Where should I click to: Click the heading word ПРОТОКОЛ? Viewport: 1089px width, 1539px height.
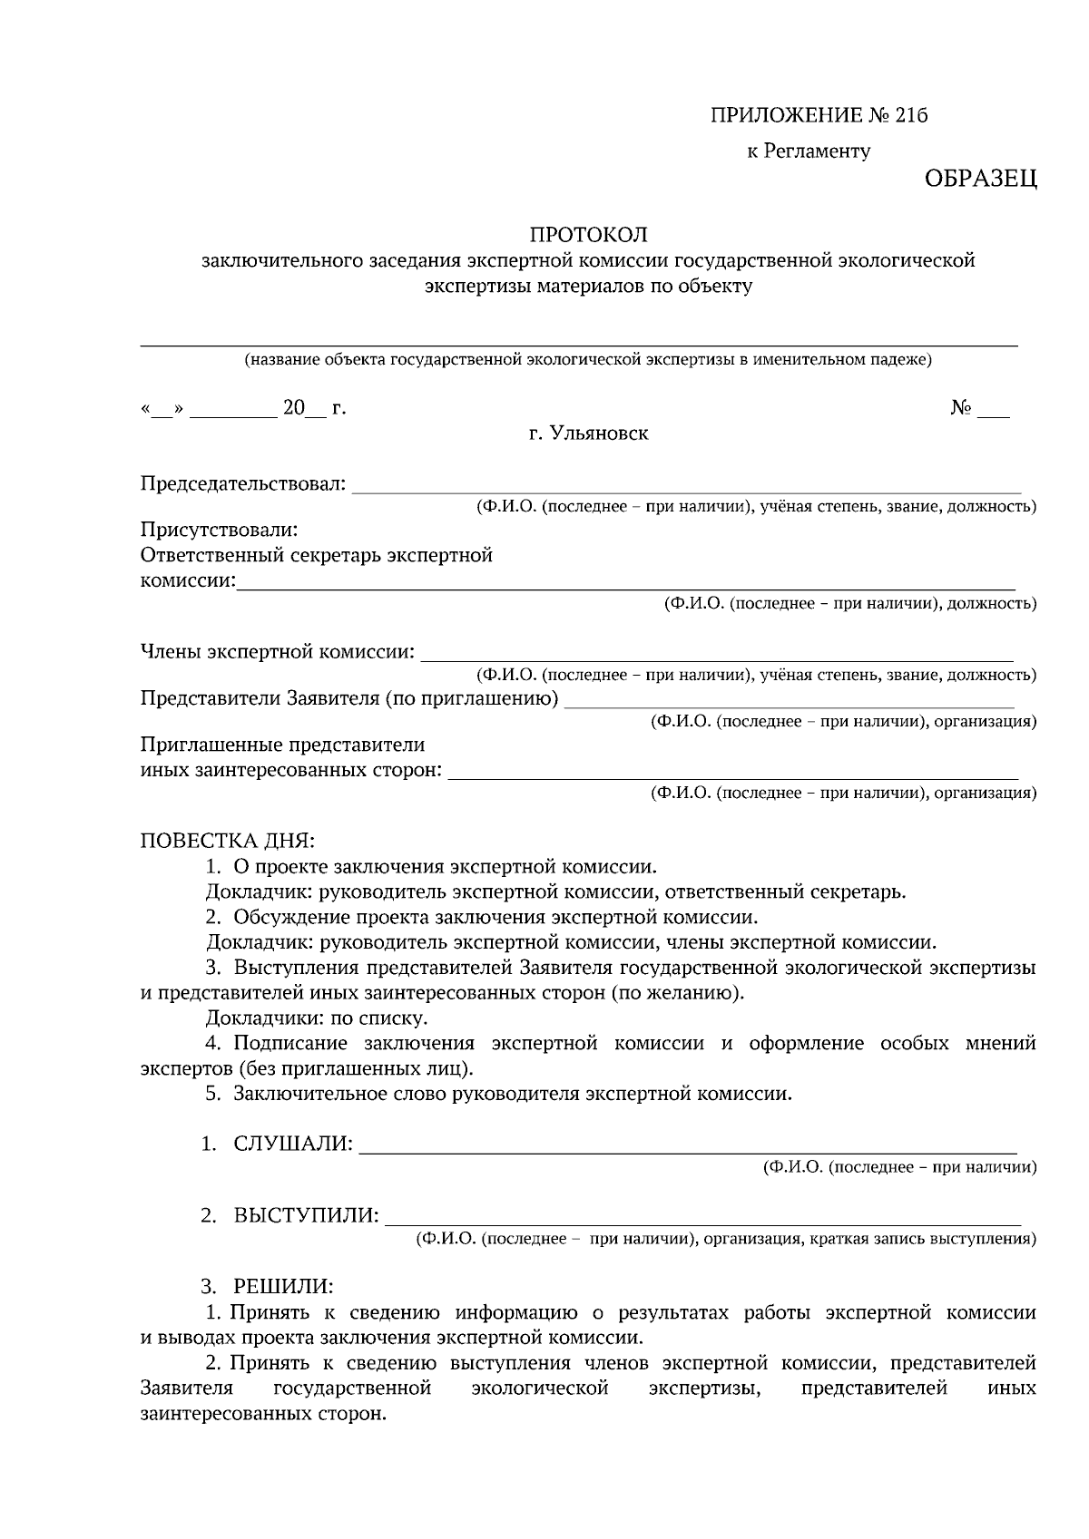(588, 235)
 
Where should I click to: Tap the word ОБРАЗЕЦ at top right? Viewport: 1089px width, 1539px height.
(980, 179)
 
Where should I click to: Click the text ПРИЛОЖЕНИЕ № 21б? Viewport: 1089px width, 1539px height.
(820, 116)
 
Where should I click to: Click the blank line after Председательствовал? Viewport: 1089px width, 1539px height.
(685, 490)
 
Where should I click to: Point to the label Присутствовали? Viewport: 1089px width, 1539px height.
(219, 529)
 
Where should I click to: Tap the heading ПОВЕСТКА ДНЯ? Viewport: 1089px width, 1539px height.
(227, 840)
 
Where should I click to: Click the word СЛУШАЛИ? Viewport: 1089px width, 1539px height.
(292, 1144)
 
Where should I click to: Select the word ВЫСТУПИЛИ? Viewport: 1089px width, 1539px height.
(306, 1215)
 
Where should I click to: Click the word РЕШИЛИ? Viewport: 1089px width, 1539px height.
(282, 1286)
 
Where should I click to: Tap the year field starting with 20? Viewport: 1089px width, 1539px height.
(302, 409)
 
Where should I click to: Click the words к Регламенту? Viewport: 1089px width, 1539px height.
(808, 151)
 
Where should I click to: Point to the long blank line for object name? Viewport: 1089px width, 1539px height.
(578, 344)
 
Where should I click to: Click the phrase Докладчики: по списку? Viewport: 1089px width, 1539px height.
(317, 1018)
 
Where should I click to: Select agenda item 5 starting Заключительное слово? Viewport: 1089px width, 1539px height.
(512, 1093)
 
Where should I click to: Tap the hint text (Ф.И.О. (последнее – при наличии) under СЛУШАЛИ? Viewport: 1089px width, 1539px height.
(898, 1167)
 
